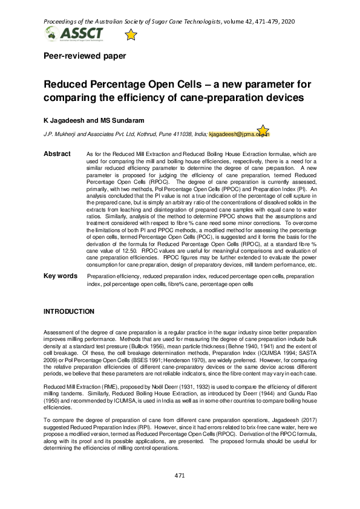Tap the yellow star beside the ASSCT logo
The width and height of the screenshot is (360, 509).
(x=131, y=35)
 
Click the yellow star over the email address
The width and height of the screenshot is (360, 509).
(x=263, y=131)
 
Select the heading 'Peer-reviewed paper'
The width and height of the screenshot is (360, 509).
(x=85, y=56)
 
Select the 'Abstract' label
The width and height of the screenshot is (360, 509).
(x=57, y=154)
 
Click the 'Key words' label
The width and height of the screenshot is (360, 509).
(x=60, y=276)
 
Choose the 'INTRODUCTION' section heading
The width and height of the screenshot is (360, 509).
(x=68, y=311)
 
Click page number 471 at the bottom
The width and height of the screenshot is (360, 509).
(x=180, y=492)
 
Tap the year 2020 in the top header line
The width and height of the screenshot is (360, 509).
(x=287, y=21)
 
